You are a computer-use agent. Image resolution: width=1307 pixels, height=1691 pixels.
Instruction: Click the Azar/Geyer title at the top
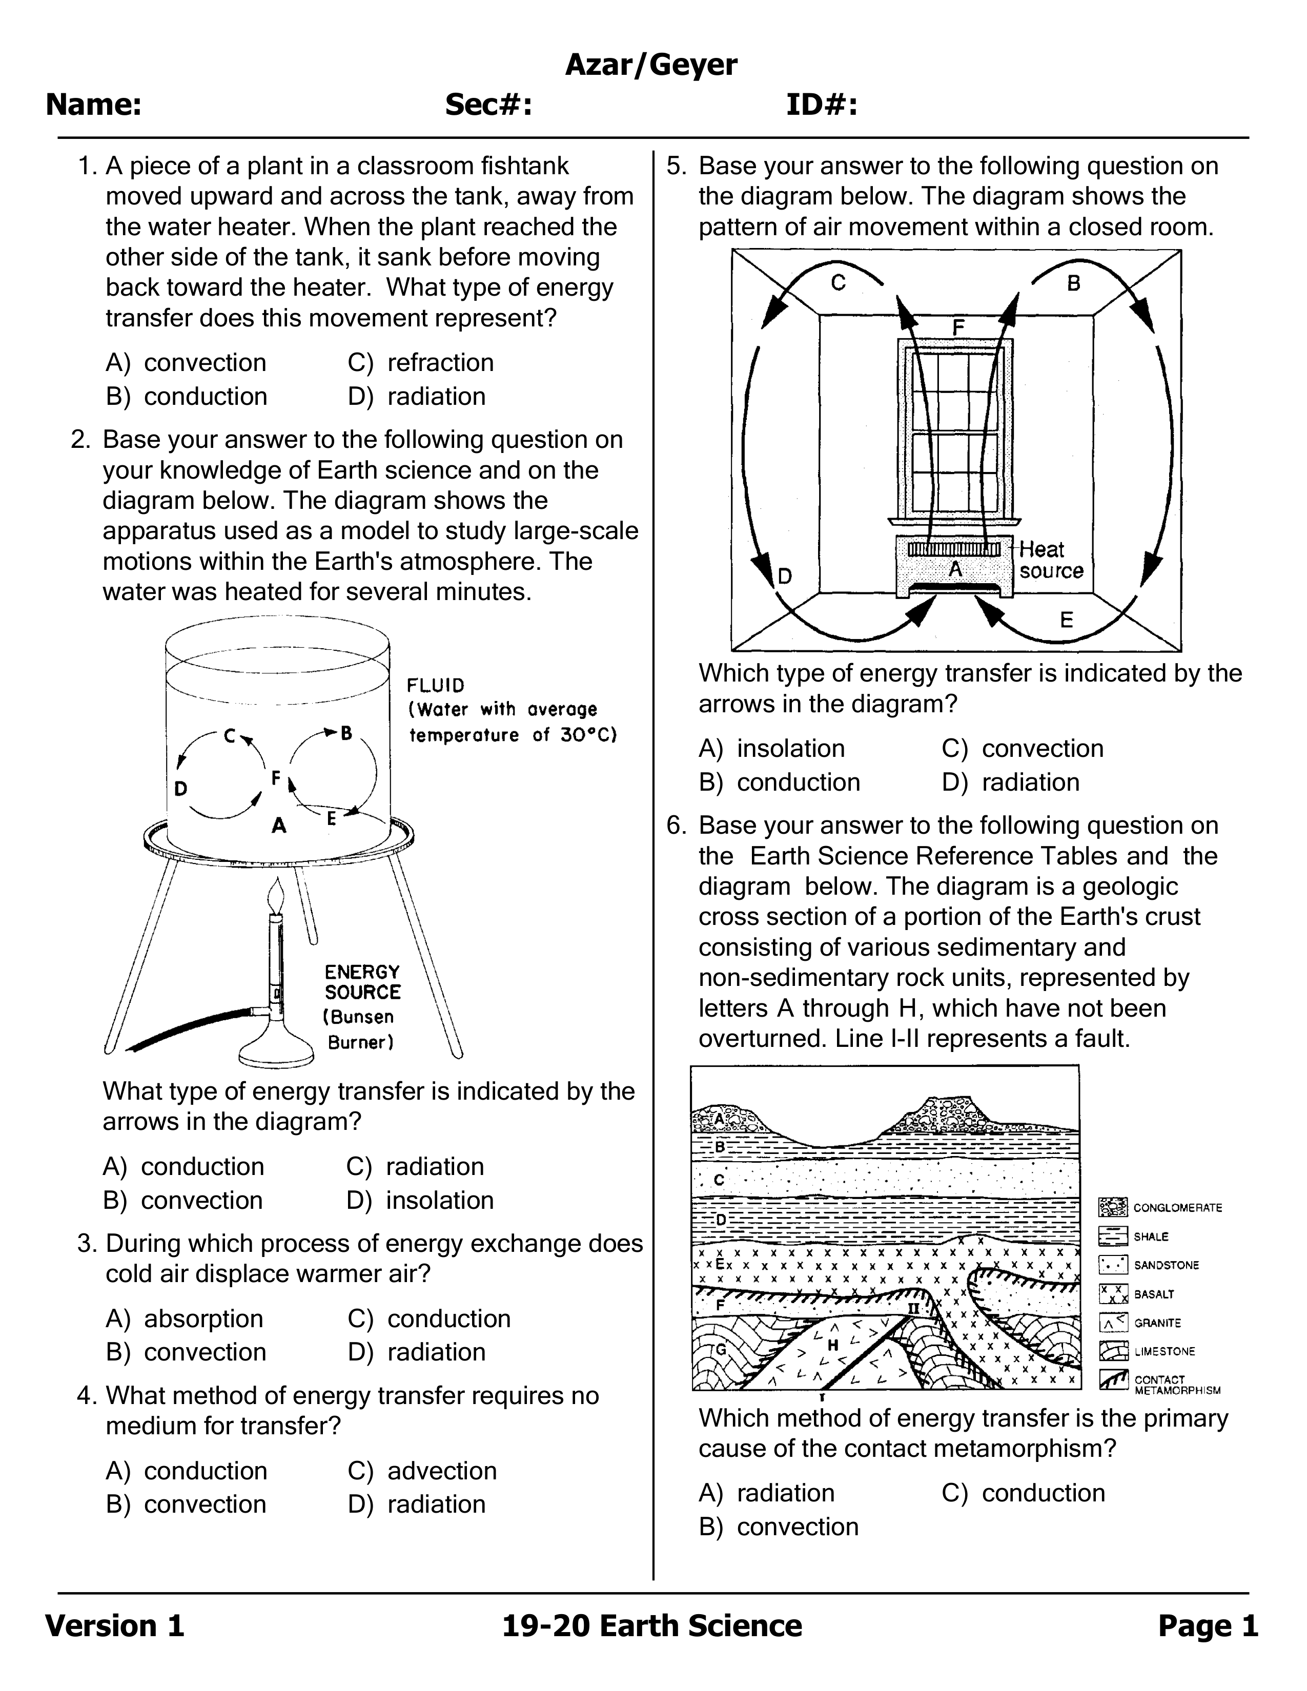coord(651,66)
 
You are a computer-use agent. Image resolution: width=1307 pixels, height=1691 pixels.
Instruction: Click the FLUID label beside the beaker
coord(436,685)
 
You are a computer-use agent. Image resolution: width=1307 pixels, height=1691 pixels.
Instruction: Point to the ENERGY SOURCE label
coord(362,982)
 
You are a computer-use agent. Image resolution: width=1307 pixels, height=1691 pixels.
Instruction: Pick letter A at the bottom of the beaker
coord(279,826)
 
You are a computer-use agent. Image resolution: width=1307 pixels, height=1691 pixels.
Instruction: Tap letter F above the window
coord(958,327)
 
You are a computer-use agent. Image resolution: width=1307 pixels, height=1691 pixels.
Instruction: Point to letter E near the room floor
coord(1066,620)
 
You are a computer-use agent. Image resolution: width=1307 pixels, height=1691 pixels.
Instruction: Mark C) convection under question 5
coord(1023,749)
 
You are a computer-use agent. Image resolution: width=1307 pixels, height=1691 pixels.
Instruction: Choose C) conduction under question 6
coord(1024,1493)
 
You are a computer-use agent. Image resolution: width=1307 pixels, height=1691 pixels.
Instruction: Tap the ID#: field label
coord(822,105)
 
